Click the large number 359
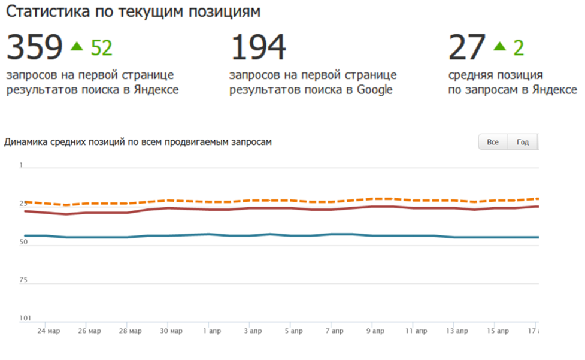(x=34, y=48)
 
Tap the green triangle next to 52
(x=77, y=46)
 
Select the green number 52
(x=101, y=48)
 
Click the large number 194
(x=258, y=48)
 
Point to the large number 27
(x=466, y=48)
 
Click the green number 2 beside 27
(x=518, y=48)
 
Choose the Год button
(x=523, y=142)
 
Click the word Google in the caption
(x=375, y=90)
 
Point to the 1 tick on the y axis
(x=22, y=165)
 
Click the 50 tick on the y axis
(x=23, y=242)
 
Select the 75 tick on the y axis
(x=23, y=280)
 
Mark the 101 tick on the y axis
(x=24, y=318)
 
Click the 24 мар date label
(x=49, y=331)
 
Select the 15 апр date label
(x=498, y=331)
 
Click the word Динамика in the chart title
(x=26, y=142)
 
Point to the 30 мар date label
(x=172, y=331)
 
